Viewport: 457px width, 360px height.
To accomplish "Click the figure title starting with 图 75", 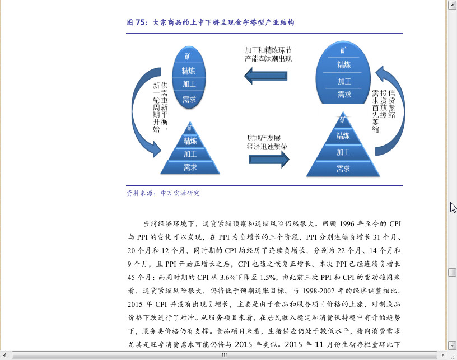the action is point(211,22).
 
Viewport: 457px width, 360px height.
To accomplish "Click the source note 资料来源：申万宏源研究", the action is point(163,193).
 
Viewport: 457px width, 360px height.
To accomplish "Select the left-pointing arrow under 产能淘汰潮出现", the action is point(266,76).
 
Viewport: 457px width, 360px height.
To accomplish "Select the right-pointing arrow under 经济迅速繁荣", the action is point(269,160).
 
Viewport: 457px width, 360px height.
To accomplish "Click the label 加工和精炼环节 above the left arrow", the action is point(268,50).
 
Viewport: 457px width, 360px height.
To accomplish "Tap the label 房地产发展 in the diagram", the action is point(264,138).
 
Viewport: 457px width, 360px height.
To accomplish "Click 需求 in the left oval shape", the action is point(189,100).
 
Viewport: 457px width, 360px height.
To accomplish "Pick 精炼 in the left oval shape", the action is point(189,71).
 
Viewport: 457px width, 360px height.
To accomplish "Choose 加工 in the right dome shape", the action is point(344,81).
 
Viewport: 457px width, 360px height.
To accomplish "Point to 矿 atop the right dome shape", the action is point(344,51).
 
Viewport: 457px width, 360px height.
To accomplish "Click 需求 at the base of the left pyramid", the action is point(190,167).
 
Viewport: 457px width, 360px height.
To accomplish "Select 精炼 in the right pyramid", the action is point(343,135).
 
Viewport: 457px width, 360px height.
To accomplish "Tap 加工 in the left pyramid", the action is point(190,154).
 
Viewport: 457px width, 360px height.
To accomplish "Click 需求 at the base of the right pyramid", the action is point(343,169).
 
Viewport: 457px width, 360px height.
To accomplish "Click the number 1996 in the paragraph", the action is point(347,224).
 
